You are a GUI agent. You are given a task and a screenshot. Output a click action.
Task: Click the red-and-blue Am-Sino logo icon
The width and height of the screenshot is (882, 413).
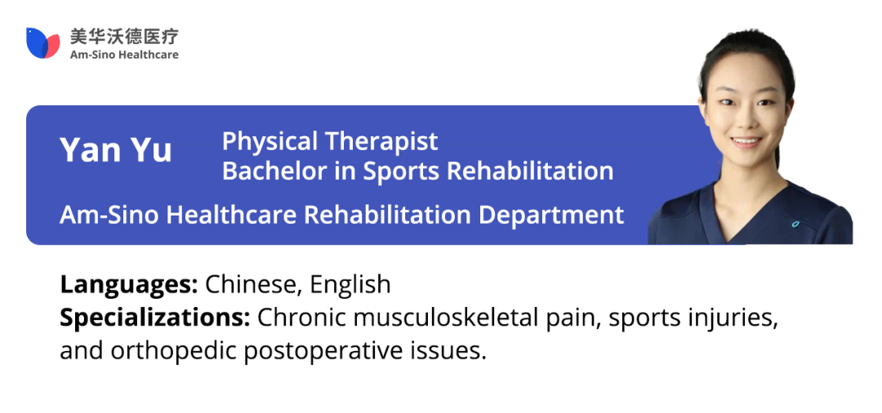pyautogui.click(x=42, y=42)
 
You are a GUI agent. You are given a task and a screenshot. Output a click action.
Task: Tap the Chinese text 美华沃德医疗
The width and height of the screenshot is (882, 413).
pyautogui.click(x=124, y=37)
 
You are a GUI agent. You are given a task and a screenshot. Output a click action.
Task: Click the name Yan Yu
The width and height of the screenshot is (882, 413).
pyautogui.click(x=116, y=150)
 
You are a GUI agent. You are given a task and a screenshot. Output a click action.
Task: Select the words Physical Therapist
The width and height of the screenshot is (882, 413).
pyautogui.click(x=330, y=141)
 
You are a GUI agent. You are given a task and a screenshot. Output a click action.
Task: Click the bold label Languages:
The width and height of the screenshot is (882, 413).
pyautogui.click(x=129, y=285)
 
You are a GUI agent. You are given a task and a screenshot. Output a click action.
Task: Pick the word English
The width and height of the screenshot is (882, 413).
pyautogui.click(x=350, y=284)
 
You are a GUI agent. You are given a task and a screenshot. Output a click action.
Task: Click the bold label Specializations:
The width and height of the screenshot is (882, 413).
pyautogui.click(x=155, y=318)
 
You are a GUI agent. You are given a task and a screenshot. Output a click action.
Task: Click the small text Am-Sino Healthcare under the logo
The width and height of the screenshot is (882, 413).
pyautogui.click(x=124, y=55)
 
